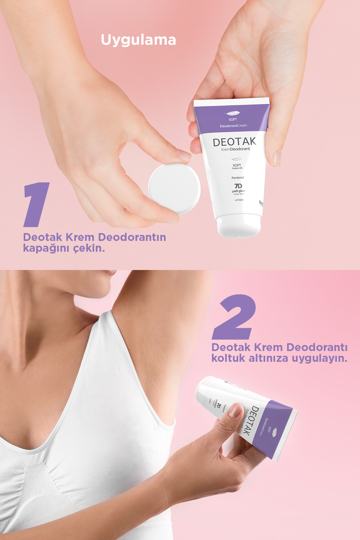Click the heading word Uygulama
(x=138, y=40)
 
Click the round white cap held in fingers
(x=174, y=189)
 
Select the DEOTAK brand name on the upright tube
(x=234, y=142)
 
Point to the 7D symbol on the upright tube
(x=238, y=186)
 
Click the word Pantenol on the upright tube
(x=238, y=178)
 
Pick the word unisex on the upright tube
(x=239, y=200)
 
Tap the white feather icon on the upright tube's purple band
(x=232, y=113)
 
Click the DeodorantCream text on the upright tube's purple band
(x=233, y=126)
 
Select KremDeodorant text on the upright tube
(x=235, y=149)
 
